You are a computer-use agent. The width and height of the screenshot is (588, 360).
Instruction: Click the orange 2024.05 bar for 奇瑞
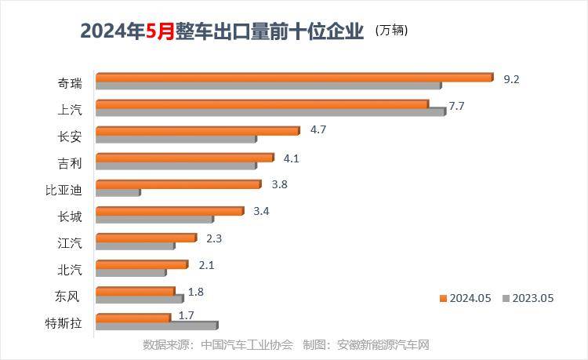coord(294,77)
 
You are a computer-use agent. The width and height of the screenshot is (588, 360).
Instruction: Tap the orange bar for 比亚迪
coord(178,184)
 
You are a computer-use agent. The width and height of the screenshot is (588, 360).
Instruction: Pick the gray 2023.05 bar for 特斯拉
coord(156,325)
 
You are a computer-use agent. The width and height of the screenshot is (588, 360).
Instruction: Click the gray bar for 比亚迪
coord(118,192)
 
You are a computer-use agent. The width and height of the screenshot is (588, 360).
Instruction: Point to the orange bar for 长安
coord(198,130)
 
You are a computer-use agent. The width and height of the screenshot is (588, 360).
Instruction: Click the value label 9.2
coord(511,79)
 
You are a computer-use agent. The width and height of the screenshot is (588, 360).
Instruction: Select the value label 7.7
coord(457,106)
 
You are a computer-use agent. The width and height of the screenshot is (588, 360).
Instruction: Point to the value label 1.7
coord(186,315)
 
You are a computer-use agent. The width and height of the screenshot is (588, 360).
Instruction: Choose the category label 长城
coord(69,216)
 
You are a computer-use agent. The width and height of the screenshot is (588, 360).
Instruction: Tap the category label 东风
coord(69,296)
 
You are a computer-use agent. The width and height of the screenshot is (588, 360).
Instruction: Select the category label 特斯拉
coord(64,322)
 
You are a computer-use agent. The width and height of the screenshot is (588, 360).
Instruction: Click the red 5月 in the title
coord(161,31)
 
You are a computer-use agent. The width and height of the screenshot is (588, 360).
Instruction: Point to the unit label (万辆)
coord(391,31)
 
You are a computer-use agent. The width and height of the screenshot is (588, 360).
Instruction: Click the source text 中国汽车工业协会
coord(247,344)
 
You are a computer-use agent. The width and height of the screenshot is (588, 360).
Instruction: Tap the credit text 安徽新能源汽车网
coord(383,344)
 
